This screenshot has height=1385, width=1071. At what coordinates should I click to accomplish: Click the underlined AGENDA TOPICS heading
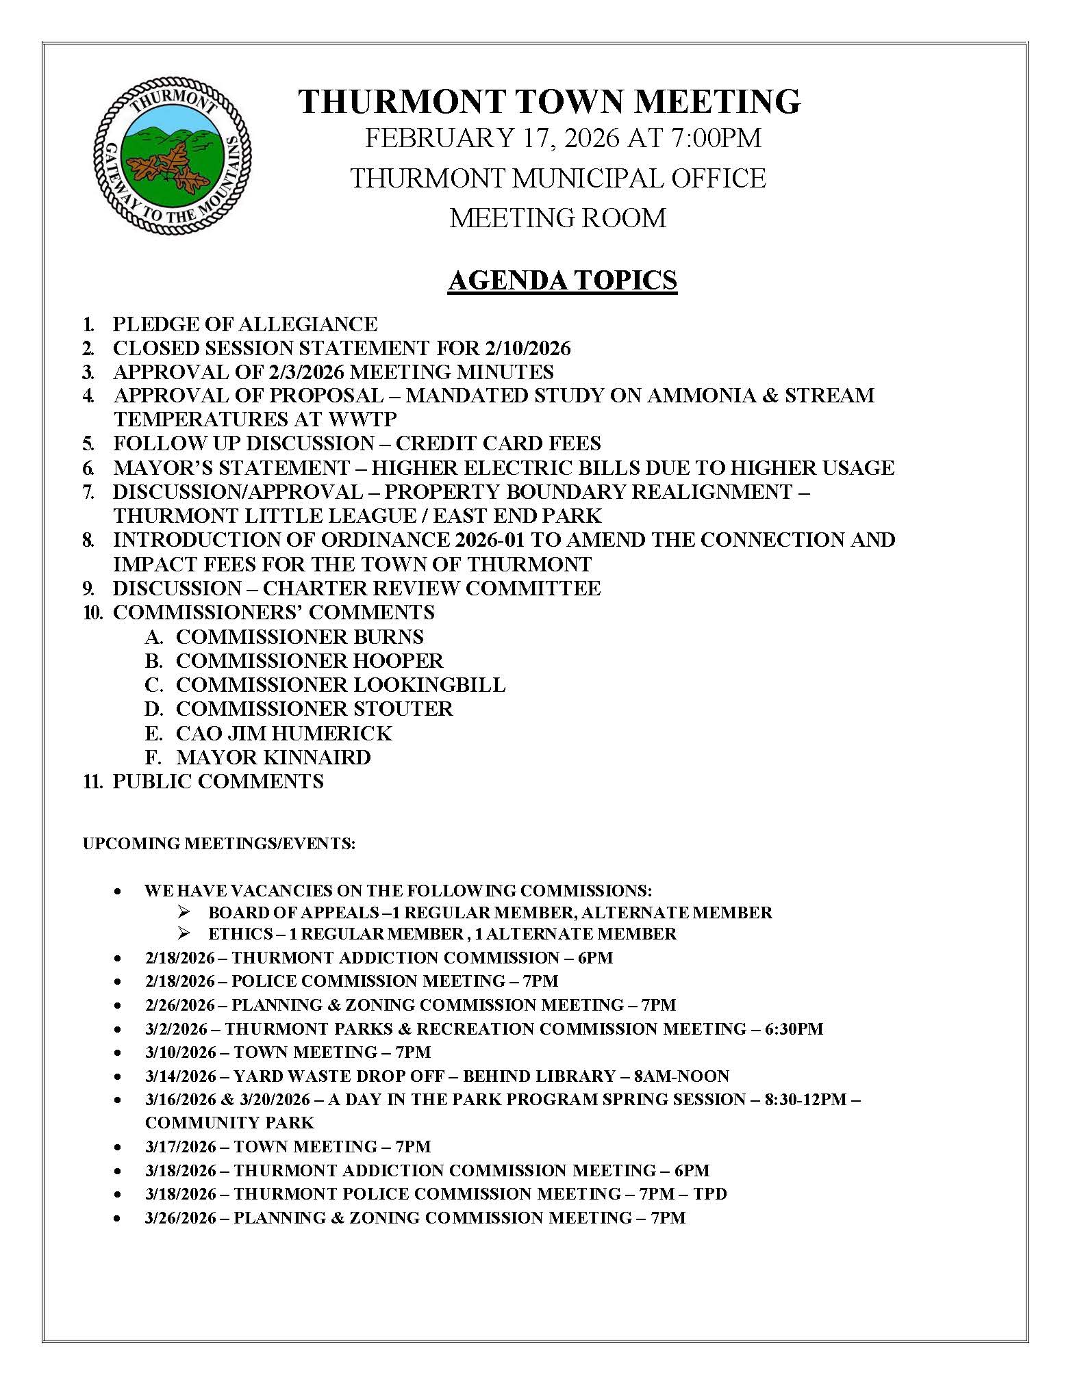click(x=562, y=280)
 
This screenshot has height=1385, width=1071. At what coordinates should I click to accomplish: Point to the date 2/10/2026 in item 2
click(x=527, y=348)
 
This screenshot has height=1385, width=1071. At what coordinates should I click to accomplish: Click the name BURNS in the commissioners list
click(x=388, y=636)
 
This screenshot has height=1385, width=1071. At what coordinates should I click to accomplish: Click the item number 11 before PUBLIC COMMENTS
click(x=92, y=781)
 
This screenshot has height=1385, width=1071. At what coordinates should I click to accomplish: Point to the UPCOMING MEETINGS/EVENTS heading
click(x=219, y=844)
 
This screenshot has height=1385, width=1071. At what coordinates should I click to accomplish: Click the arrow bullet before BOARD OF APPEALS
click(x=183, y=912)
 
